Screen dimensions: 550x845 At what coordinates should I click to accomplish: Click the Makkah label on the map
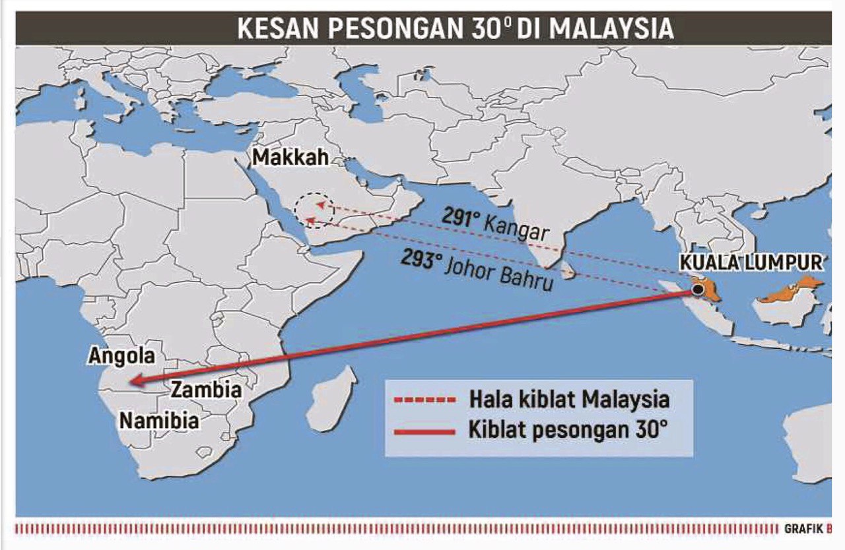[284, 158]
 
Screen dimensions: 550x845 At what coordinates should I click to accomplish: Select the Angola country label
[122, 356]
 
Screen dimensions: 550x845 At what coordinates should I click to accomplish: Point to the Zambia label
[207, 390]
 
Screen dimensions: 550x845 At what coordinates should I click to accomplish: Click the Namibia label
[159, 420]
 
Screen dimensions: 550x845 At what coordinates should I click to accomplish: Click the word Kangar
[516, 229]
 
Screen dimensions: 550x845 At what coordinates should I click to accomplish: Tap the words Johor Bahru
[498, 275]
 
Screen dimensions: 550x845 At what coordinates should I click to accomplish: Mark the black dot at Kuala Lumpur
[697, 290]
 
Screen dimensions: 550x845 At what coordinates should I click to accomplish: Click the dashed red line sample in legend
[423, 400]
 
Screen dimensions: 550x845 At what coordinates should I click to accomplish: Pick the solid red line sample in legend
[423, 432]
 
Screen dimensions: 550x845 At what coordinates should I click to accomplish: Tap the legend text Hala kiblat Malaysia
[569, 399]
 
